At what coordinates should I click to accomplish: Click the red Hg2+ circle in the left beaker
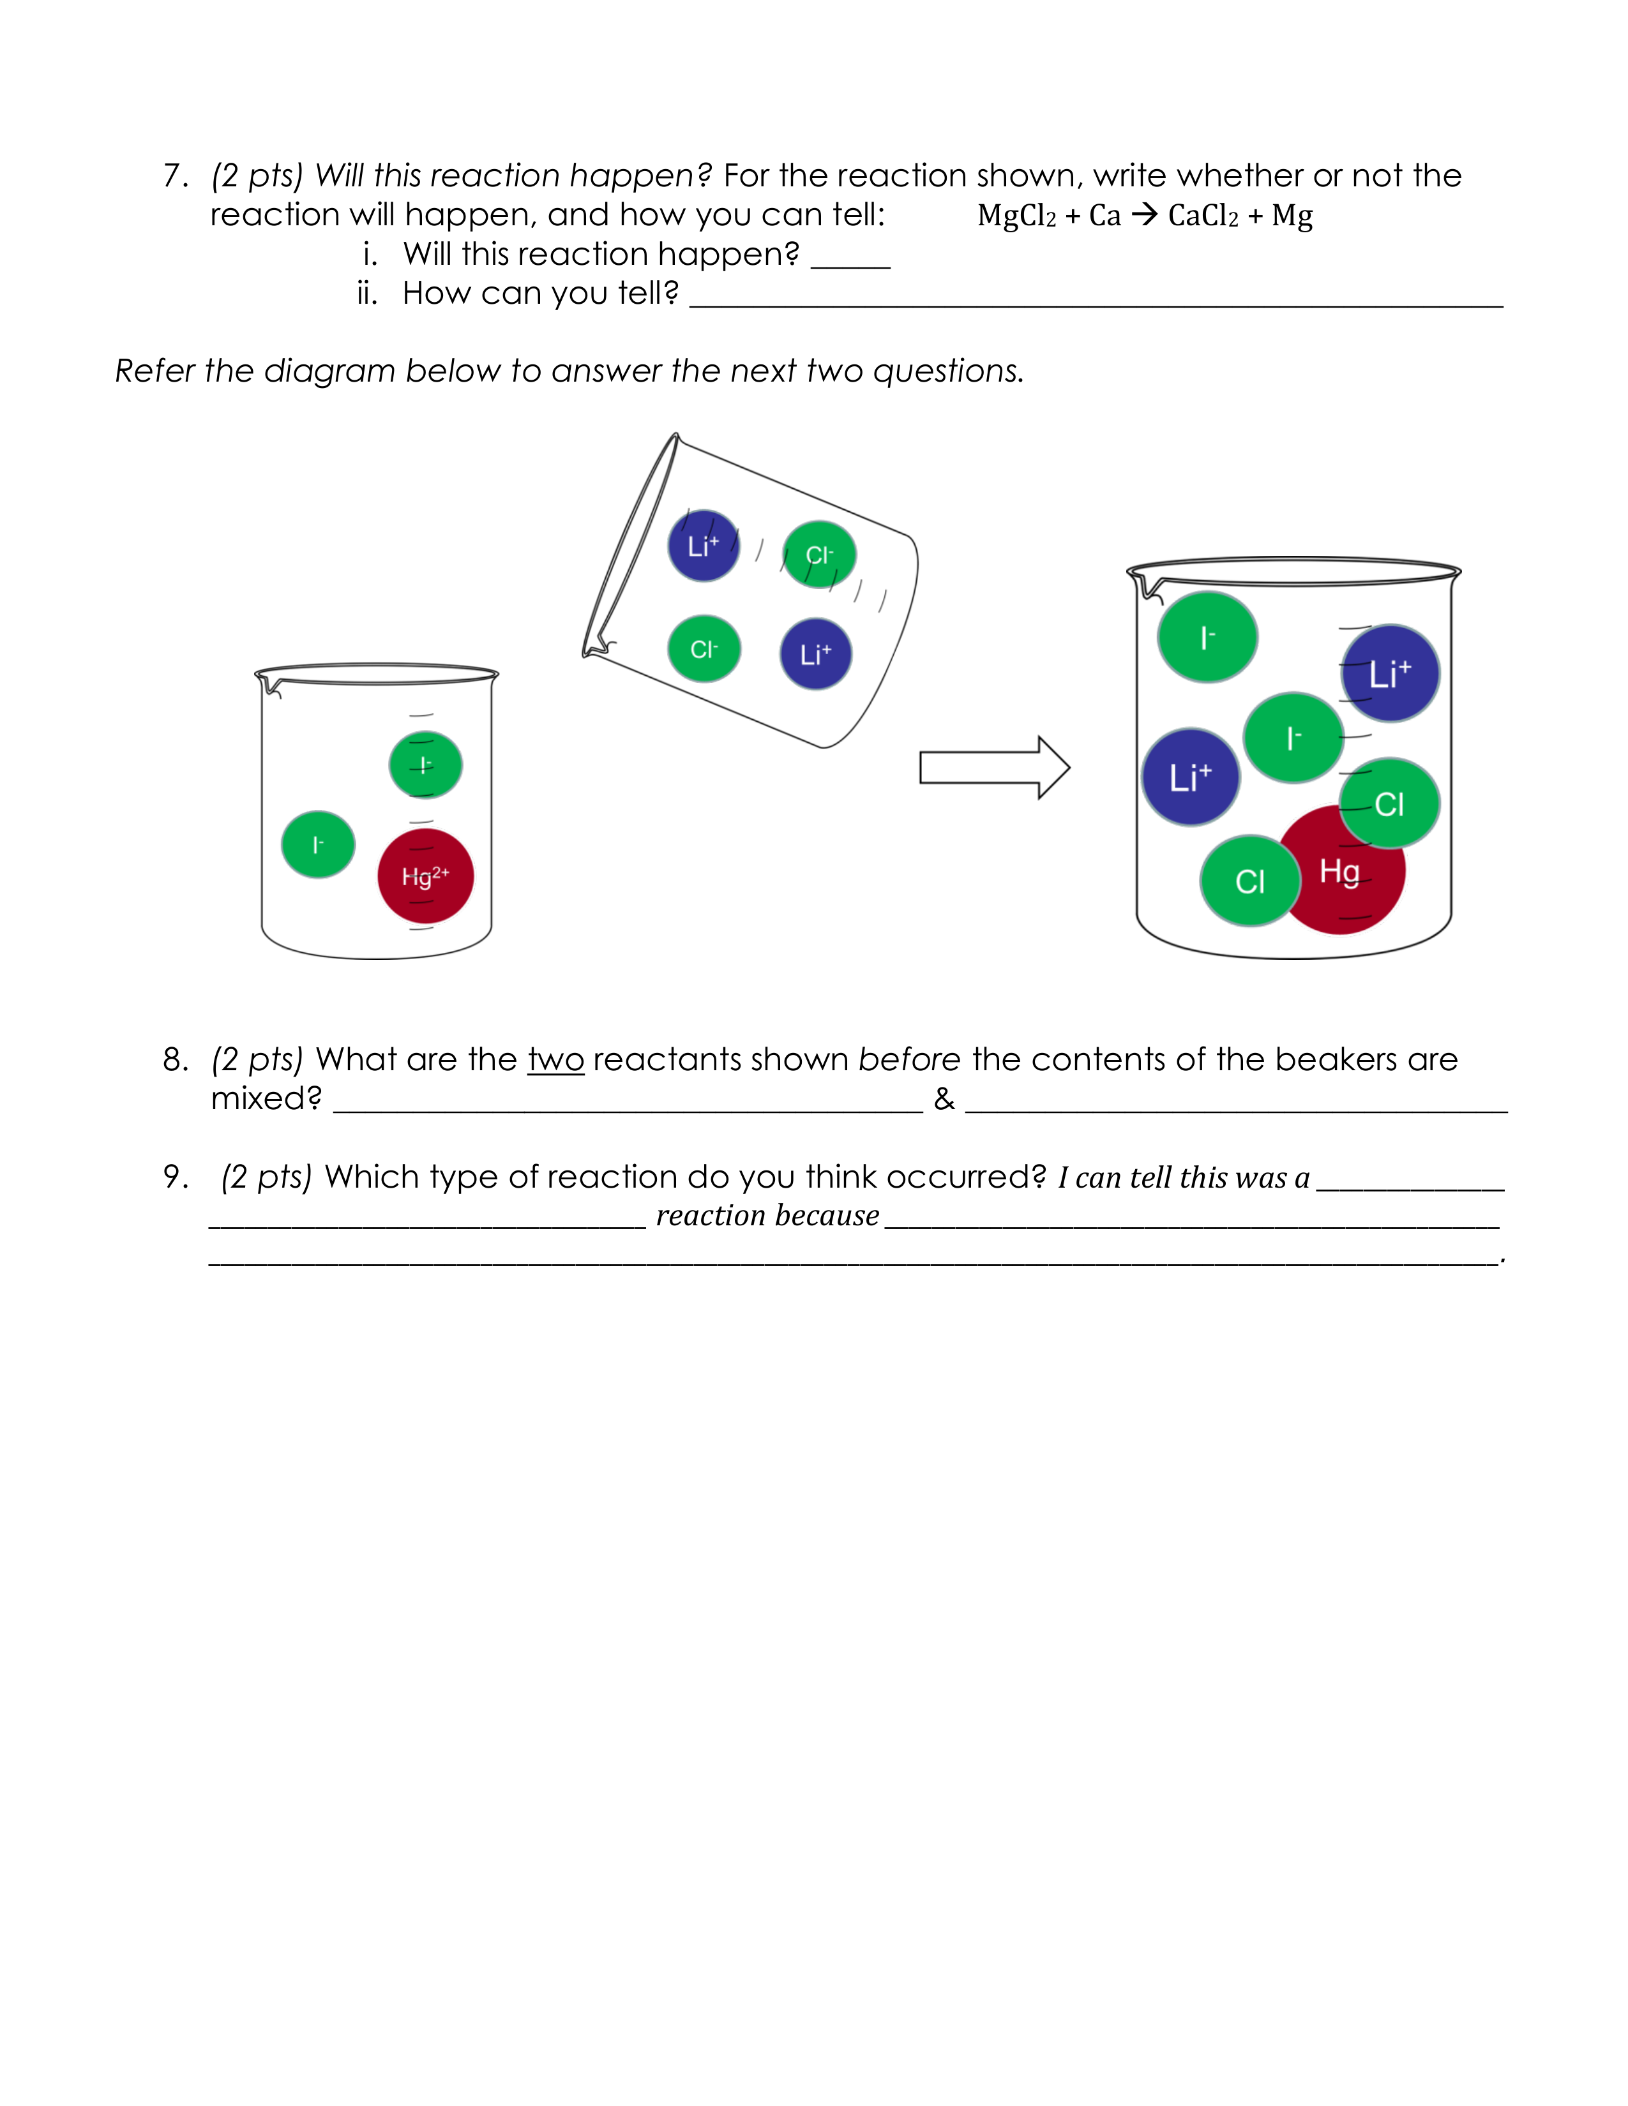click(x=425, y=876)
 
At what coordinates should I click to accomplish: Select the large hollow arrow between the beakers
click(x=993, y=768)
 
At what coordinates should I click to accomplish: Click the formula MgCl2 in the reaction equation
click(x=1016, y=215)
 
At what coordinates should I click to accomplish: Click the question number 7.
click(x=174, y=175)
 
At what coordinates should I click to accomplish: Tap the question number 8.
click(x=174, y=1060)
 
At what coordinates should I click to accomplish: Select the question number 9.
click(x=174, y=1176)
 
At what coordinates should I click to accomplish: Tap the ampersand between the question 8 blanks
click(x=944, y=1098)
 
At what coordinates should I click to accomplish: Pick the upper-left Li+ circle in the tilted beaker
click(x=703, y=546)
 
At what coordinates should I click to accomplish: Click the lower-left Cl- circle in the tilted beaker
click(x=704, y=649)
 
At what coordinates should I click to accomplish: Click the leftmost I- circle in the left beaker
click(x=317, y=845)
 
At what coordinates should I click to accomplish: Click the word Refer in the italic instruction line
click(x=155, y=370)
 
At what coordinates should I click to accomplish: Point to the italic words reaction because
click(x=767, y=1215)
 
